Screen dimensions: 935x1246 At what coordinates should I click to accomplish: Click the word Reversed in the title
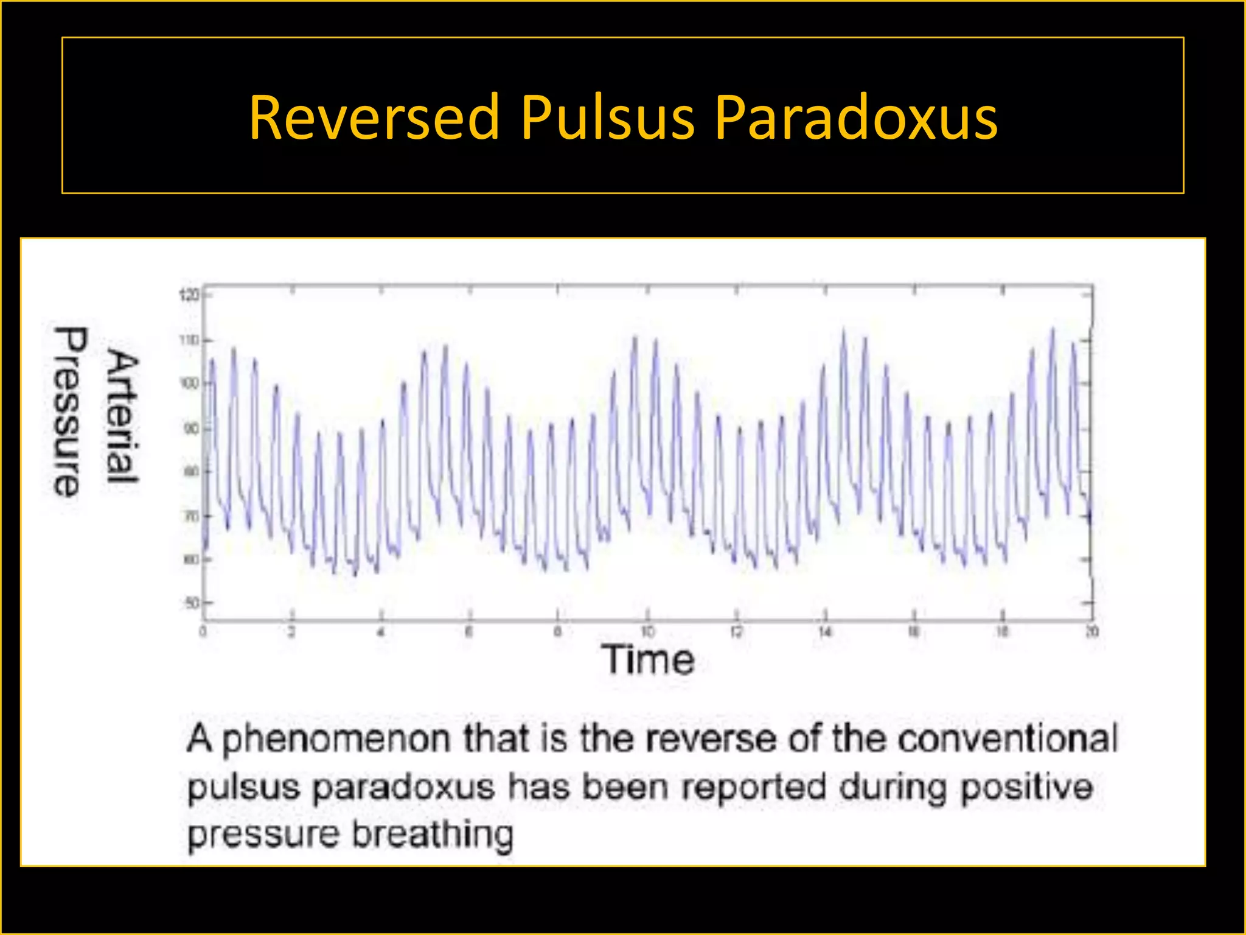tap(374, 117)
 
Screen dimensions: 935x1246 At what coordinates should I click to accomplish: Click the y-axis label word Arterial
tap(124, 417)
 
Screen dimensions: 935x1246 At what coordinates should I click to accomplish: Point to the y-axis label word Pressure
tap(69, 411)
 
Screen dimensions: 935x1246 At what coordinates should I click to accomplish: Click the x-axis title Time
tap(648, 659)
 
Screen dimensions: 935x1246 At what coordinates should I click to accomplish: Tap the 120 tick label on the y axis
tap(189, 295)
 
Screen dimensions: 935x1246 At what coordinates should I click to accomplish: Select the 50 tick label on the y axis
tap(192, 603)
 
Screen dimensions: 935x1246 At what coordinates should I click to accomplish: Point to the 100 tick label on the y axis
tap(189, 383)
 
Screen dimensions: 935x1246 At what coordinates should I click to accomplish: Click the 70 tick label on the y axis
tap(192, 516)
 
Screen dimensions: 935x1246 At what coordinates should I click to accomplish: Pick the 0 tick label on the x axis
tap(203, 631)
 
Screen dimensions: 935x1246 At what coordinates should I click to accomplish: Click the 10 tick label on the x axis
tap(647, 631)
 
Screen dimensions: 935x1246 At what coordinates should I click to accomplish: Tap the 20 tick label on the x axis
tap(1092, 631)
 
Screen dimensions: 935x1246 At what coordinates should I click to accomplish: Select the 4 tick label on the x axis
tap(381, 631)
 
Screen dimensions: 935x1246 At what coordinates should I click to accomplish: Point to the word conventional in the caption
tap(1008, 739)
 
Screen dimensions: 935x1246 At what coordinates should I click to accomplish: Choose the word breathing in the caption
tap(433, 835)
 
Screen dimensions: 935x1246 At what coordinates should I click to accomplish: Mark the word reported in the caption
tap(754, 788)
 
